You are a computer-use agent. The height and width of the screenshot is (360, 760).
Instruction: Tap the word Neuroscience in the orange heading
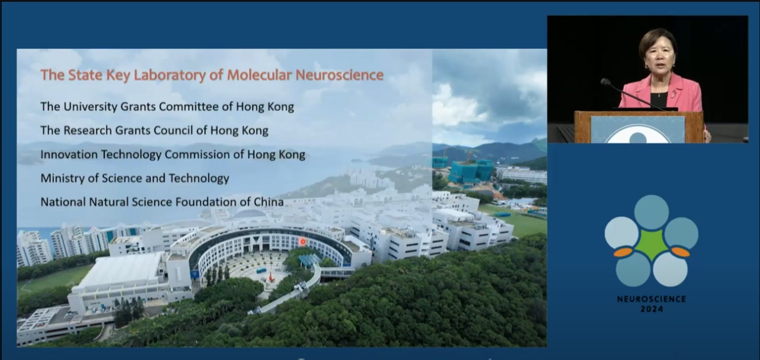tap(340, 75)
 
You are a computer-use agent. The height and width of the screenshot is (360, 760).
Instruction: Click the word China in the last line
tap(269, 202)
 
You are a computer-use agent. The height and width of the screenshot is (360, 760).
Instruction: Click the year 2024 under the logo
tap(652, 309)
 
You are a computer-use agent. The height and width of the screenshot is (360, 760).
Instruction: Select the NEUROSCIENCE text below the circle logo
tap(652, 299)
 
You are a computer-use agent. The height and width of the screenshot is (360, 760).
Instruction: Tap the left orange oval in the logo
tap(623, 252)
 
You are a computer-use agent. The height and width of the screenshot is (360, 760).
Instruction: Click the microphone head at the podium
tap(605, 82)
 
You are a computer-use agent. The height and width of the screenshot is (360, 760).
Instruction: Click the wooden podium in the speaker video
tap(638, 127)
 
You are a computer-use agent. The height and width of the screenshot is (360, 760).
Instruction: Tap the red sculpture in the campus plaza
tap(271, 277)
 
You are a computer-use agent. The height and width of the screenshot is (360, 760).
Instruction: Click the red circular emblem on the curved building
tap(302, 241)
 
